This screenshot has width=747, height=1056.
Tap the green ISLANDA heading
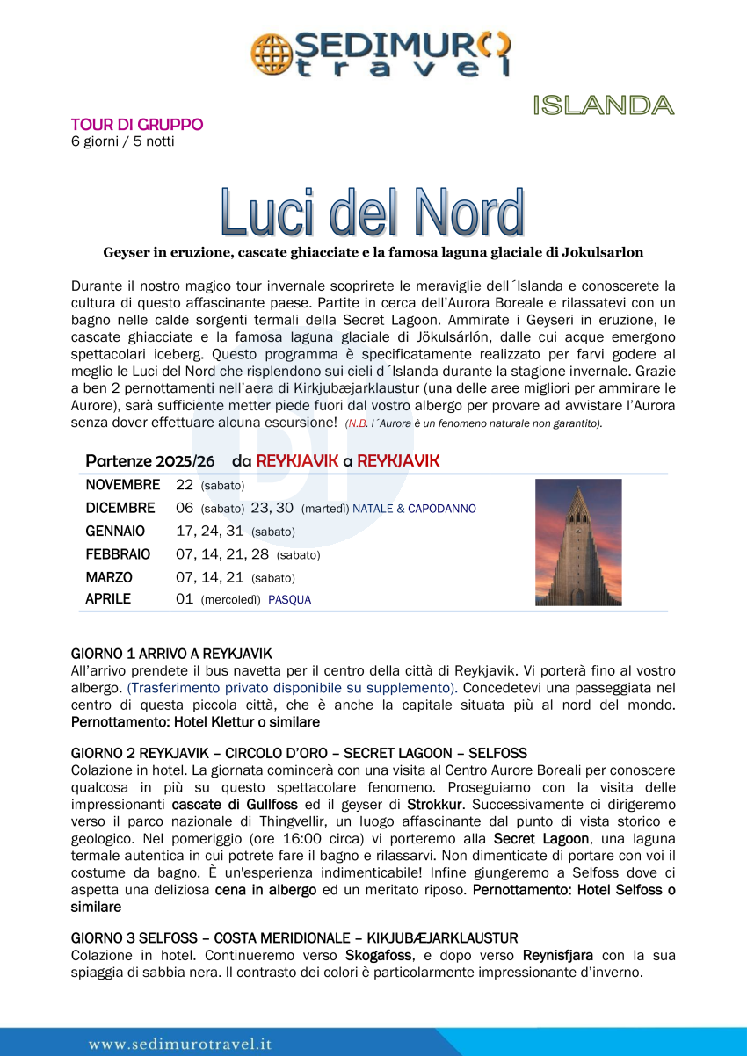[x=603, y=105]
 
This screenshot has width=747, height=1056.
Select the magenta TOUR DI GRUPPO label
[x=137, y=125]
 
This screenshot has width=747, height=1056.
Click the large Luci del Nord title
[x=373, y=212]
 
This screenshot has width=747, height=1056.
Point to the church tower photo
[x=578, y=542]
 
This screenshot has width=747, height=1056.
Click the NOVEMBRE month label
[x=123, y=485]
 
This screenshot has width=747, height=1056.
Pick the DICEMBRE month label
[x=120, y=508]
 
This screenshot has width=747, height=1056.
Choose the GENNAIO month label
[x=115, y=532]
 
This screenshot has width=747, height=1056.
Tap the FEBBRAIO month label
[x=118, y=554]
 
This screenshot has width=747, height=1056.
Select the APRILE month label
[x=108, y=599]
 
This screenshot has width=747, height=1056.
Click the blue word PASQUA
[x=290, y=600]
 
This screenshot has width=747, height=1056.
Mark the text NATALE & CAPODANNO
[x=415, y=509]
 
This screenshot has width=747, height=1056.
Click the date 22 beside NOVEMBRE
[x=185, y=485]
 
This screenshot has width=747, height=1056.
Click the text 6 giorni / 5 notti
[x=123, y=141]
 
